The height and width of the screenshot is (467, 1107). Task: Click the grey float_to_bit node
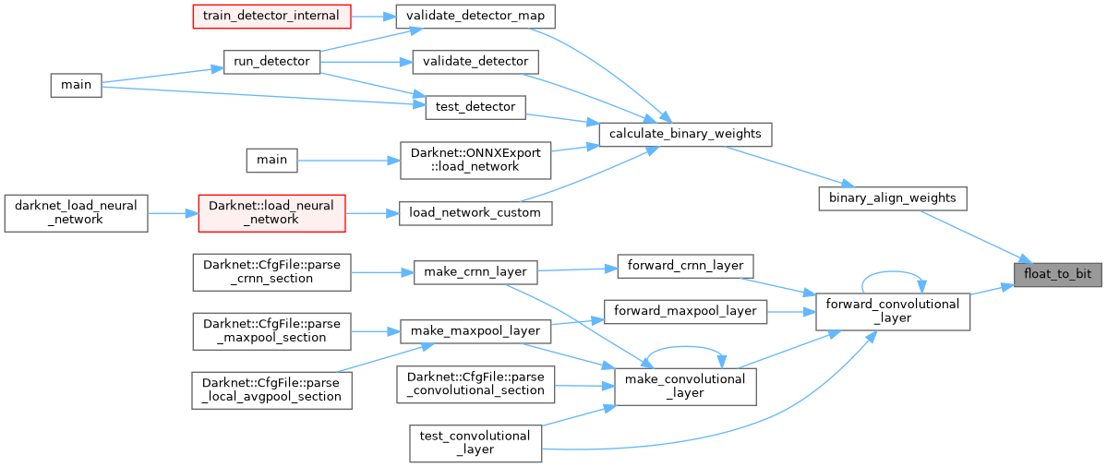[1058, 275]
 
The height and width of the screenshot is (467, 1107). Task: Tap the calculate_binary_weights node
[684, 134]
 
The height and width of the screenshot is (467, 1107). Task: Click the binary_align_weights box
[892, 198]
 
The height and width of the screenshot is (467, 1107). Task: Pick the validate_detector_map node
[475, 16]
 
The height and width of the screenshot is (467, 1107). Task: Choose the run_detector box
[271, 61]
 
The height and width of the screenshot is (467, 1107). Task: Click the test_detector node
[475, 106]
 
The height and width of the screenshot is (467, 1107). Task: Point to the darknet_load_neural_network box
[76, 212]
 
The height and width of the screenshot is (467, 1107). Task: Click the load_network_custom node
[475, 212]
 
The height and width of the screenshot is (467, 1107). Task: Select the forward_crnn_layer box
[685, 265]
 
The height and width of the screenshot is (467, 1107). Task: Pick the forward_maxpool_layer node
[685, 311]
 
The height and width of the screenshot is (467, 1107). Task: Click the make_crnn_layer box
[475, 272]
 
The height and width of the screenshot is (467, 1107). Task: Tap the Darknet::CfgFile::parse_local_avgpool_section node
[271, 389]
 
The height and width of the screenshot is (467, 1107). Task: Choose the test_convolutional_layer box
[475, 442]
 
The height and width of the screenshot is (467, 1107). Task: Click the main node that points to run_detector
[76, 84]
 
